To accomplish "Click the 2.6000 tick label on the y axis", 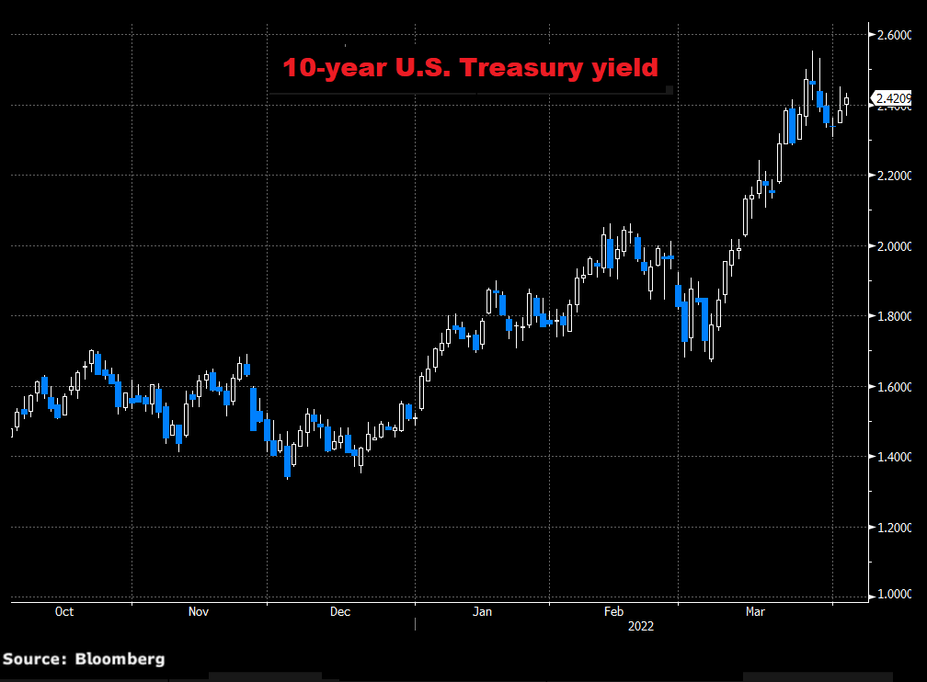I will pos(895,36).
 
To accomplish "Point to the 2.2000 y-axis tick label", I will pos(895,176).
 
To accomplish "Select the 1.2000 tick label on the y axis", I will pos(895,528).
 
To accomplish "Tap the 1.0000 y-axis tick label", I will pos(895,595).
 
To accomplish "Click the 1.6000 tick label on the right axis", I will pos(895,387).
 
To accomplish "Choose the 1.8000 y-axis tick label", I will pos(895,316).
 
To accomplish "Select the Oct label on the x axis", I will pos(64,611).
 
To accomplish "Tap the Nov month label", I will pos(200,611).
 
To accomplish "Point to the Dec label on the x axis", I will pos(339,611).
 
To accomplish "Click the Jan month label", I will pos(482,611).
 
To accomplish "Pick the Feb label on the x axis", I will pos(613,611).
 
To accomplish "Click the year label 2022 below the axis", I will pos(641,627).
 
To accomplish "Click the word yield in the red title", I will pos(630,68).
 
